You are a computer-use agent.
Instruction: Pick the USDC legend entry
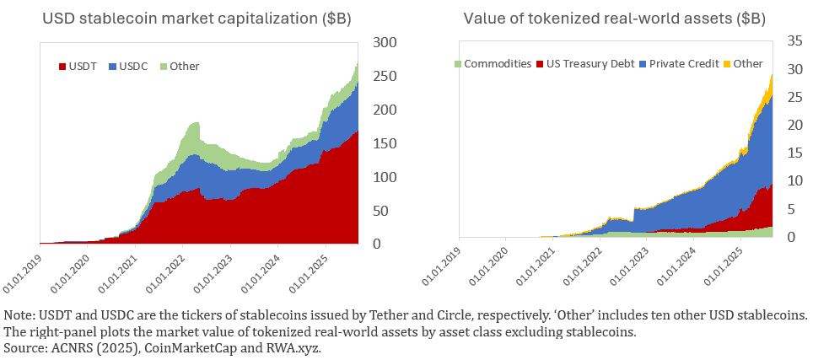132,66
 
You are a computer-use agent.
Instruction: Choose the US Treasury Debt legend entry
587,63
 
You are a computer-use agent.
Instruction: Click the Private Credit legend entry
681,63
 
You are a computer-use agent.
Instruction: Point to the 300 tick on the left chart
385,42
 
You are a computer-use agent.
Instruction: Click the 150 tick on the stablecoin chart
385,143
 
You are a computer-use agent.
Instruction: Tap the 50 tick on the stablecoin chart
385,211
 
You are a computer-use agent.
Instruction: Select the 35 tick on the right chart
795,40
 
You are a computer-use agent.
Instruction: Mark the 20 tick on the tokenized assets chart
795,125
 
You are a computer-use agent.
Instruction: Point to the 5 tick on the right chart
795,209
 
